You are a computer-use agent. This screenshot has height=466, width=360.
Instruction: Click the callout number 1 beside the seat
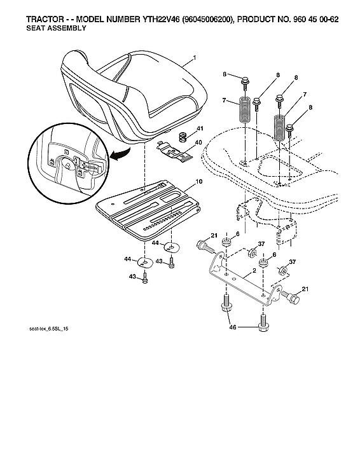click(x=194, y=58)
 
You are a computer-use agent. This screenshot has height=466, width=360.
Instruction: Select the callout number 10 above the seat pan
click(x=198, y=182)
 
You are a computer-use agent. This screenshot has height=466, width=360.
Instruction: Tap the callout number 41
click(x=199, y=130)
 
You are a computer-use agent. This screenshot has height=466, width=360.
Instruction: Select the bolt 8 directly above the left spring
click(x=245, y=82)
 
